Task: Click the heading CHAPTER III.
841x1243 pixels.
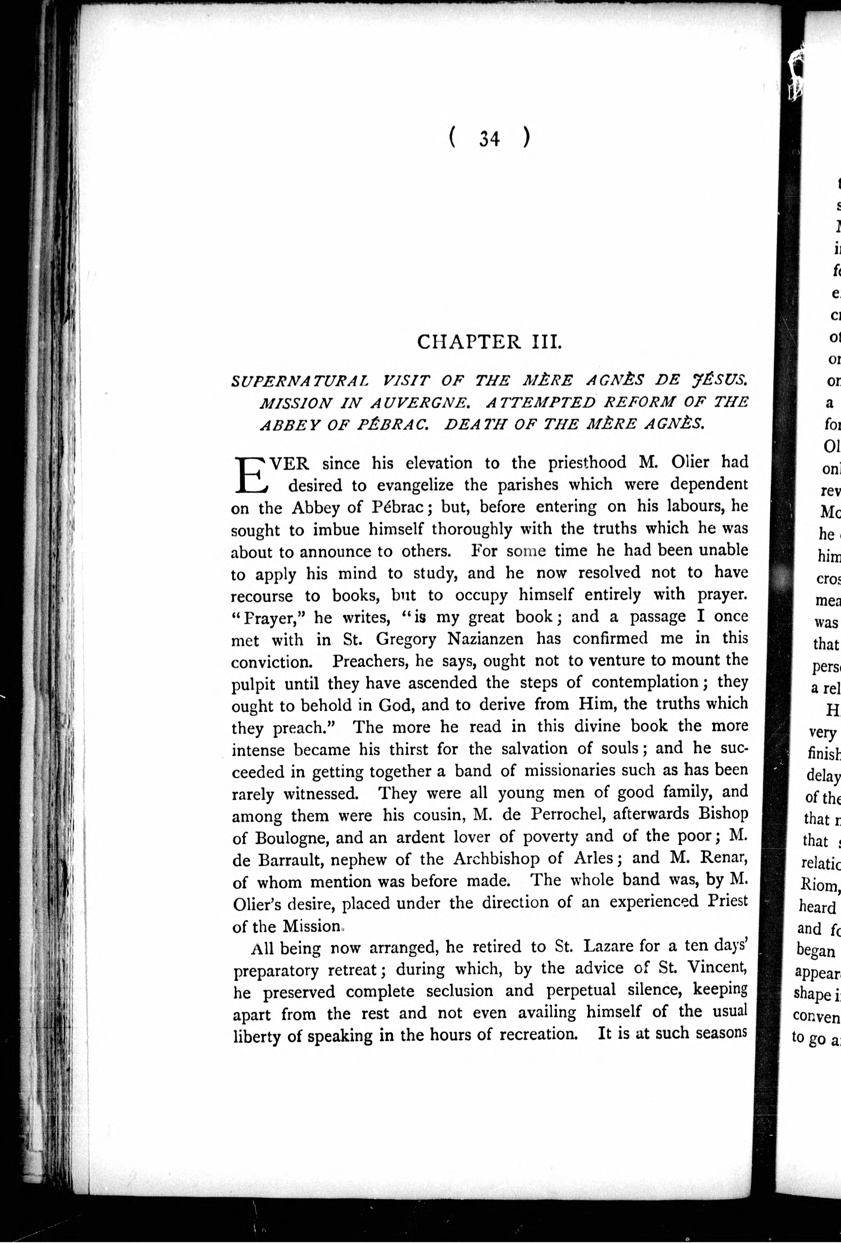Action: click(489, 342)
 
